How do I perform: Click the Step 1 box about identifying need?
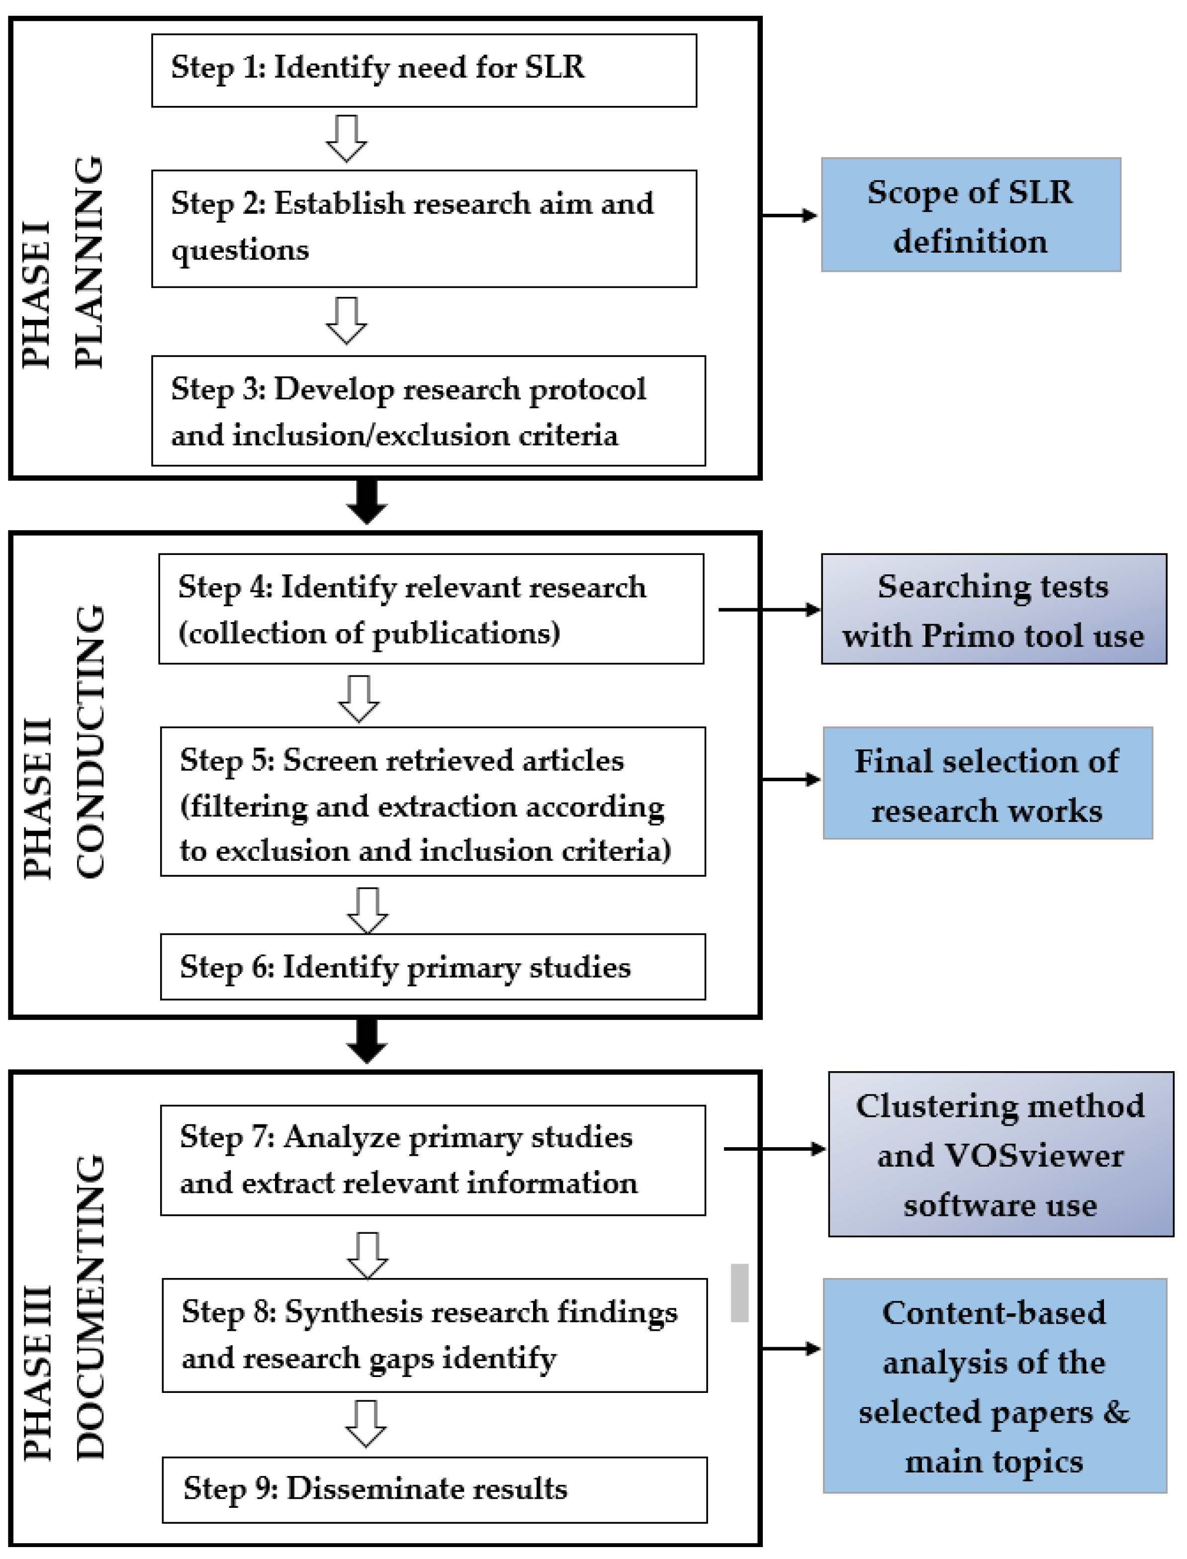pyautogui.click(x=424, y=70)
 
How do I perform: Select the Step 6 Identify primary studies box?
pyautogui.click(x=433, y=966)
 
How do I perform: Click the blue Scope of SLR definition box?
pyautogui.click(x=970, y=215)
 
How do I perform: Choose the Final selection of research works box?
pyautogui.click(x=987, y=783)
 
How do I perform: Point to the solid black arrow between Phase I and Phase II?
pyautogui.click(x=366, y=502)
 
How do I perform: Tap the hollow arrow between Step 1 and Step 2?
pyautogui.click(x=346, y=138)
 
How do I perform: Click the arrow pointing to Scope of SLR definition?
pyautogui.click(x=789, y=215)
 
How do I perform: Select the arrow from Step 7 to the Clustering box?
pyautogui.click(x=774, y=1149)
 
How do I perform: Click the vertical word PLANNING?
pyautogui.click(x=90, y=262)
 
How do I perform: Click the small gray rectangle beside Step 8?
pyautogui.click(x=739, y=1292)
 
